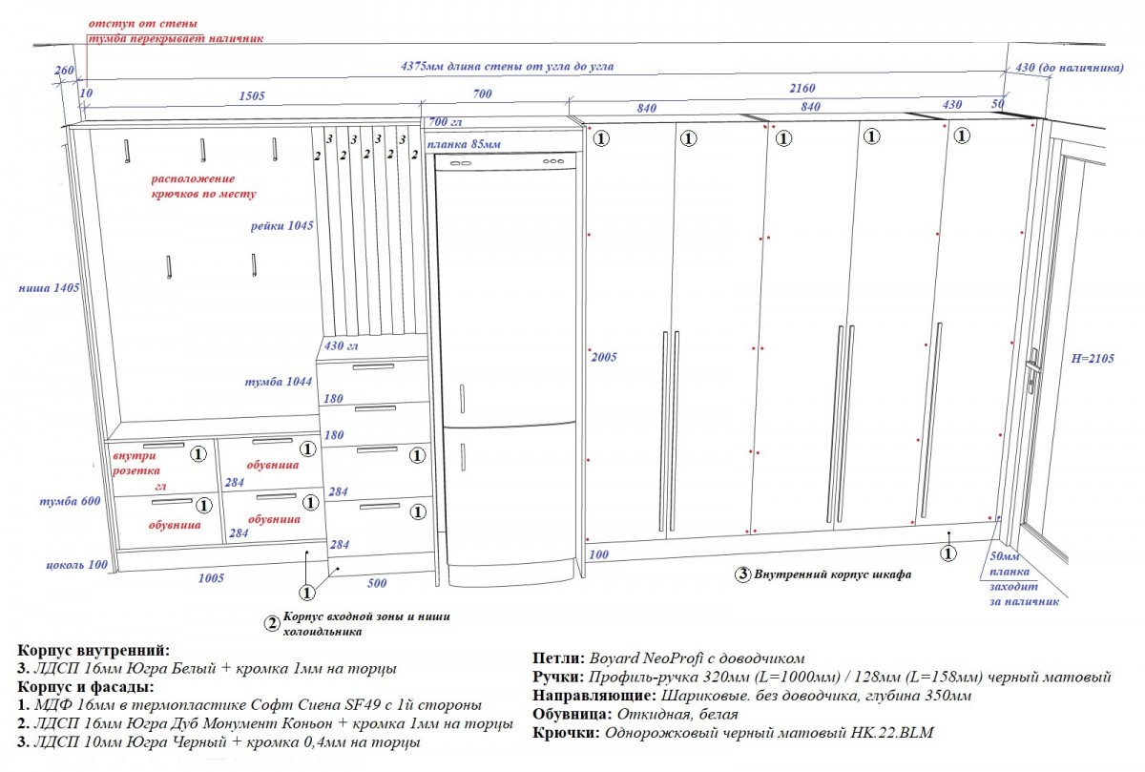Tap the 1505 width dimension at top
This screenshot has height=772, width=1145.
pyautogui.click(x=251, y=95)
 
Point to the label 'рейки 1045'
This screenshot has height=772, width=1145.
pyautogui.click(x=282, y=226)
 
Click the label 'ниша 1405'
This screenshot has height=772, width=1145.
pyautogui.click(x=48, y=287)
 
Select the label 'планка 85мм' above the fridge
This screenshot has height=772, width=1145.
pyautogui.click(x=464, y=144)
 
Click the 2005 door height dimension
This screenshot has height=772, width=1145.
pyautogui.click(x=604, y=357)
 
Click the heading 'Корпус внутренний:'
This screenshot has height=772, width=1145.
pyautogui.click(x=94, y=650)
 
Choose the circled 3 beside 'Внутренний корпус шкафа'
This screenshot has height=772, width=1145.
pyautogui.click(x=741, y=574)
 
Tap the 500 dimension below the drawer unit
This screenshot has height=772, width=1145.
pyautogui.click(x=376, y=582)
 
